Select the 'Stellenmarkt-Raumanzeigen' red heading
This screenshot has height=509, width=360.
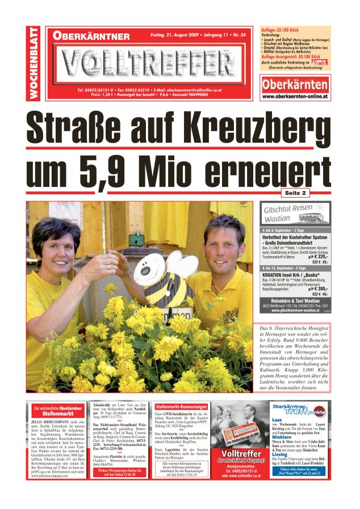[x=180, y=407]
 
